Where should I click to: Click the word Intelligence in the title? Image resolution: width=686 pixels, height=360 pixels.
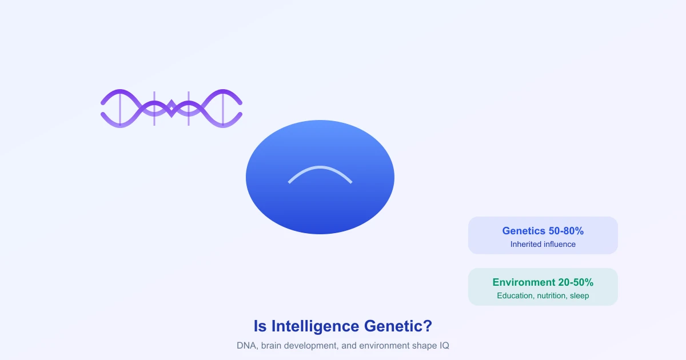315,327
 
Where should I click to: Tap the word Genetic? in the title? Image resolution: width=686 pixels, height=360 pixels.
398,326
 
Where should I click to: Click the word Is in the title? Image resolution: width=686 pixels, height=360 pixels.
260,326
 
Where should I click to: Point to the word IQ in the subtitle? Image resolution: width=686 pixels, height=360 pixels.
444,346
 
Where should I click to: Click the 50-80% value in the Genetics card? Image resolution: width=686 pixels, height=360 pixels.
566,231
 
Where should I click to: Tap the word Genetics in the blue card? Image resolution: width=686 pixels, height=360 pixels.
524,231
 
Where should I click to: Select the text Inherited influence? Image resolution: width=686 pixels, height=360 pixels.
543,245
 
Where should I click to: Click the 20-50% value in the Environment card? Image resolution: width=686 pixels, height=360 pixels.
576,282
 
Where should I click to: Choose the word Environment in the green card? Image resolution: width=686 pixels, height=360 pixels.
524,282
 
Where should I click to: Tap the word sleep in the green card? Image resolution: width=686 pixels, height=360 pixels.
580,296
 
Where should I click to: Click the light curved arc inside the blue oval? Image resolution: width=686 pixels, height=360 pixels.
320,167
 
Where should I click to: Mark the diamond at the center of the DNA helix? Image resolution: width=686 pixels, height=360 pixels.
171,109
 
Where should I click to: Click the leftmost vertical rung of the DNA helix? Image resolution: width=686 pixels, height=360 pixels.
120,109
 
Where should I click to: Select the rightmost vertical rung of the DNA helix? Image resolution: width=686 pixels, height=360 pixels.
223,109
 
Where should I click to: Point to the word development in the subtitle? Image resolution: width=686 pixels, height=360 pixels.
313,346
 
